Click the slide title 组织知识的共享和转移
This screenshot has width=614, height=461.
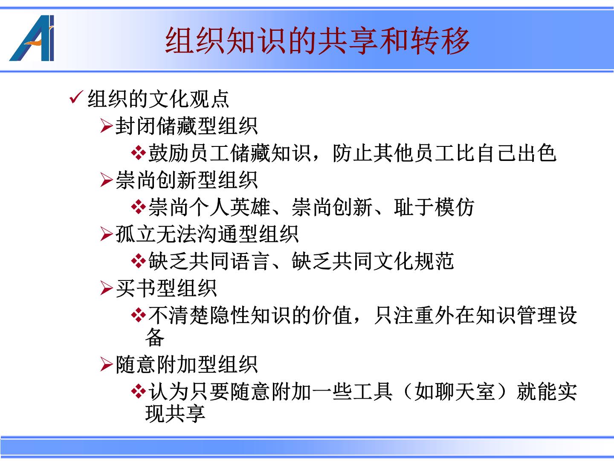(x=317, y=41)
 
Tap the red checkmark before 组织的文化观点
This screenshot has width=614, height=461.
(x=76, y=98)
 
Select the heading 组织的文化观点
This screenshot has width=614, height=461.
(x=158, y=99)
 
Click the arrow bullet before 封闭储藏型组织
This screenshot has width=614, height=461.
(x=107, y=125)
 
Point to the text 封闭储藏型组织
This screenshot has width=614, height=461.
(x=187, y=126)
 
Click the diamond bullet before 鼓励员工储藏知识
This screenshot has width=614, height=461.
(x=139, y=153)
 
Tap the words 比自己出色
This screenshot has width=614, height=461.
(x=506, y=153)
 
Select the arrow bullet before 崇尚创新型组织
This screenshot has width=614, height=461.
(x=107, y=180)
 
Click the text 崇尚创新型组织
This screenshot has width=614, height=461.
(x=187, y=180)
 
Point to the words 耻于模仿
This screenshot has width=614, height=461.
(x=434, y=207)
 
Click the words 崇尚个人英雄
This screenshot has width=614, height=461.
(x=209, y=207)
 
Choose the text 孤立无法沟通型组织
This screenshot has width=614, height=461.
(x=207, y=234)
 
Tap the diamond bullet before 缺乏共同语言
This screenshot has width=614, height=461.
(x=139, y=261)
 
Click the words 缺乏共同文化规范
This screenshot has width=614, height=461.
(x=373, y=261)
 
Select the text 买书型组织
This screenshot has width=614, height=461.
(x=166, y=288)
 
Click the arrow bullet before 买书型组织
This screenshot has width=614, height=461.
(x=107, y=288)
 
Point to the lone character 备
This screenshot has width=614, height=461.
(x=155, y=337)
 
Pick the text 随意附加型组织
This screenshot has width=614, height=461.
(x=187, y=365)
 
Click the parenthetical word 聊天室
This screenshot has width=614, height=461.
(x=466, y=391)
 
